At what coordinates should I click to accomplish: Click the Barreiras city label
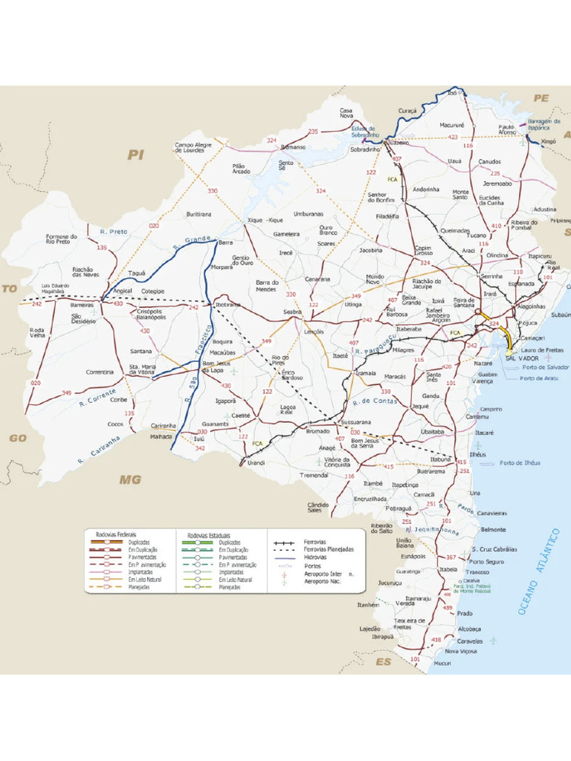tap(82, 305)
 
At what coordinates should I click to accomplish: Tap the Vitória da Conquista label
tap(336, 463)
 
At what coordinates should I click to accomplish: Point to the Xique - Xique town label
tap(265, 221)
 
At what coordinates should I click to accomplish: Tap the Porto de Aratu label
tap(539, 378)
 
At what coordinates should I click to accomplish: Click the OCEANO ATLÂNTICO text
tap(538, 571)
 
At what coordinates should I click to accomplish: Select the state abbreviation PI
tap(135, 155)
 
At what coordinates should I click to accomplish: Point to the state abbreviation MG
tap(130, 480)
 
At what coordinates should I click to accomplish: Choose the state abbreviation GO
tap(18, 438)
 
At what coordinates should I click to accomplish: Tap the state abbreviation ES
tap(383, 661)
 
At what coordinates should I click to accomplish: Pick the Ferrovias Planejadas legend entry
tap(328, 549)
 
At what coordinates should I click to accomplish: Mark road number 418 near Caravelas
tap(436, 640)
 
